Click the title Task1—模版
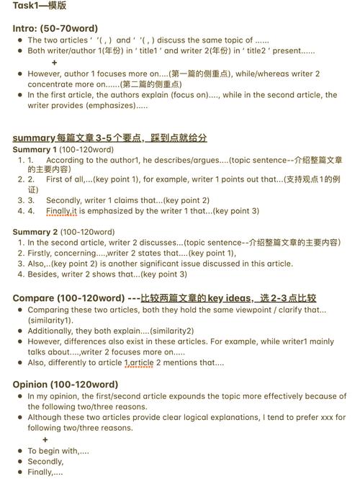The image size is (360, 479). (x=40, y=6)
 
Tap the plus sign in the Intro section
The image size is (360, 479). (x=54, y=63)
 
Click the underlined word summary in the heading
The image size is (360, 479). (x=34, y=138)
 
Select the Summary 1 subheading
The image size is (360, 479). (x=36, y=149)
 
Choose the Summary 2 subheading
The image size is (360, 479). (x=36, y=232)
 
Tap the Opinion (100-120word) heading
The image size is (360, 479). (x=66, y=384)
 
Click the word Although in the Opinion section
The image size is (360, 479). (x=48, y=417)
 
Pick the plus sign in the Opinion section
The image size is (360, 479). (x=45, y=439)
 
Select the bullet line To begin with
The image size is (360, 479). (x=58, y=451)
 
